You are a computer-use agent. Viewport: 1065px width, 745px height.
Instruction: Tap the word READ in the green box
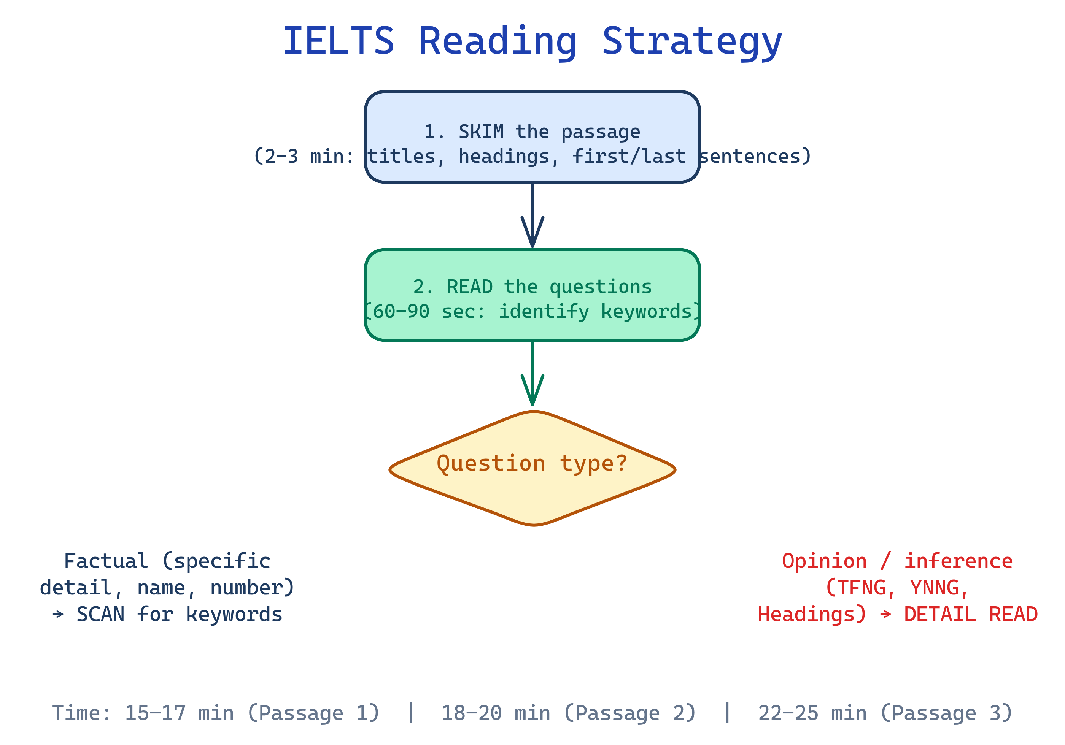(469, 287)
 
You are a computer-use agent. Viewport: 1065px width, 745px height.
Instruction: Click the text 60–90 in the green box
(401, 312)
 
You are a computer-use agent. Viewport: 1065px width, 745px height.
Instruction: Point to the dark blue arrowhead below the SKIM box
(532, 234)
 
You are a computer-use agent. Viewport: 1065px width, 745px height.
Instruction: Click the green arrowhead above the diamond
(532, 392)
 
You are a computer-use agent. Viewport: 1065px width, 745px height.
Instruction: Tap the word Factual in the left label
(106, 561)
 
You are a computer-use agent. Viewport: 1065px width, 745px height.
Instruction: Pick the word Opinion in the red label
(824, 561)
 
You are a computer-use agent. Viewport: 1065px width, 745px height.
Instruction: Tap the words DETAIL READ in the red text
(970, 615)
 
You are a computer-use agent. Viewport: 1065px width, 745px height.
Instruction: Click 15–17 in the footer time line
(155, 713)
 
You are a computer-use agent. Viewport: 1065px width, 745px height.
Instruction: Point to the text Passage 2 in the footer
(628, 713)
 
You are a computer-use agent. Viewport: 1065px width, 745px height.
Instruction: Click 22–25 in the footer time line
(788, 713)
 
